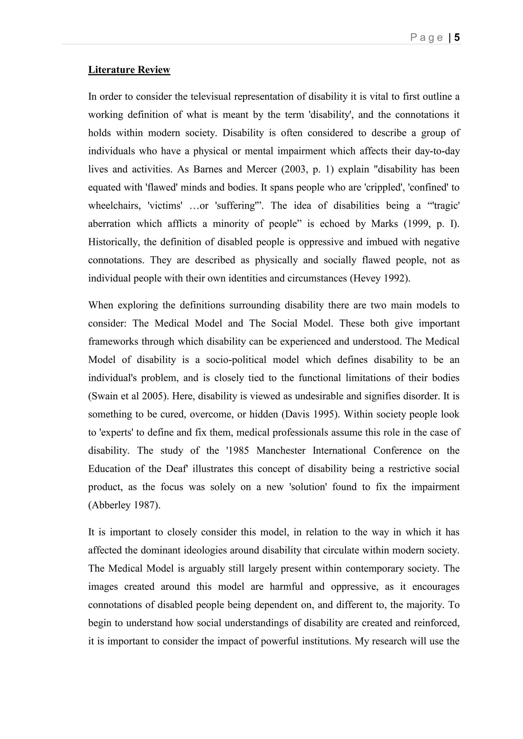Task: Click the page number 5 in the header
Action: tap(457, 38)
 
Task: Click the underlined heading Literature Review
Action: tap(129, 70)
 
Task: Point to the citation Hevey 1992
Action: tap(380, 278)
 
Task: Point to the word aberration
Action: tap(110, 224)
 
